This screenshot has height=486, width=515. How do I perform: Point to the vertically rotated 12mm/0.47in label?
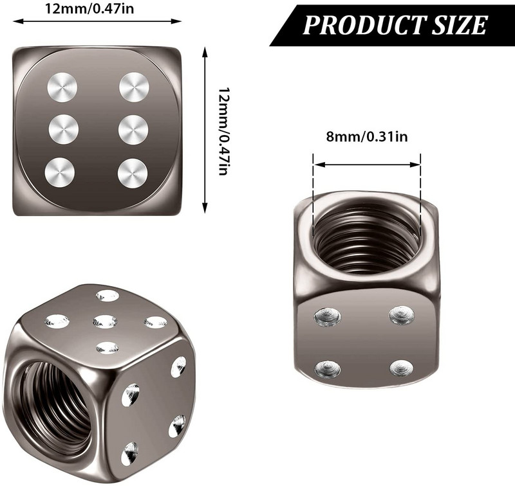pos(223,131)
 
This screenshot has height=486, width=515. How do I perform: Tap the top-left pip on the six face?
pos(63,87)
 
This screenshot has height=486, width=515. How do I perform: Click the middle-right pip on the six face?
pos(134,129)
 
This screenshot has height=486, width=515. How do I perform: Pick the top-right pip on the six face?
pos(134,87)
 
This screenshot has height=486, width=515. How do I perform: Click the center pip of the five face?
pos(105,321)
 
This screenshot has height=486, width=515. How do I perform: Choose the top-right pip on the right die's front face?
pos(402,315)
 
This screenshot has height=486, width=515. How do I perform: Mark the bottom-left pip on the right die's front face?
pos(327,368)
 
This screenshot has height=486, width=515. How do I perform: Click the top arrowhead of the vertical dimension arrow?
pos(205,51)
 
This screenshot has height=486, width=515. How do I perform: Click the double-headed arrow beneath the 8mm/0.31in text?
pos(366,164)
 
